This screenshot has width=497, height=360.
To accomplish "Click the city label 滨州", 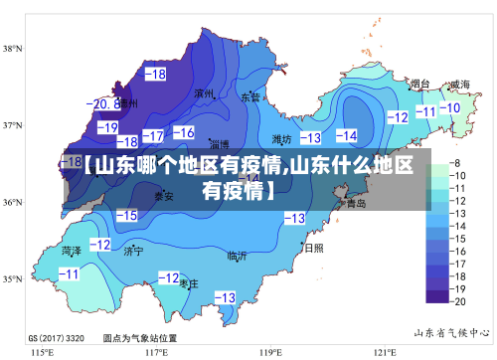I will click(x=206, y=94).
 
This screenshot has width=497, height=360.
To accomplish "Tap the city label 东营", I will click(x=250, y=97).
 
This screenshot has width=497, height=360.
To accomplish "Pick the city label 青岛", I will click(x=355, y=203).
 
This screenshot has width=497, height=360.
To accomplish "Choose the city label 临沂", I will click(x=237, y=256).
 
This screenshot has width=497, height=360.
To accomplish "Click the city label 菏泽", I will click(x=72, y=251).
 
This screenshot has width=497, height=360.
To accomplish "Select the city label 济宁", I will click(x=133, y=252).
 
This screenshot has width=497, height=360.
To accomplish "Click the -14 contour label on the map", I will click(x=346, y=135).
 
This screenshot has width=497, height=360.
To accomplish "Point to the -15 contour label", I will click(x=126, y=215).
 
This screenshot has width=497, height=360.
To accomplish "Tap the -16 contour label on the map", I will click(x=184, y=132).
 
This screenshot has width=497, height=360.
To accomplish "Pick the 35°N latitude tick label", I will click(x=13, y=279).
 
